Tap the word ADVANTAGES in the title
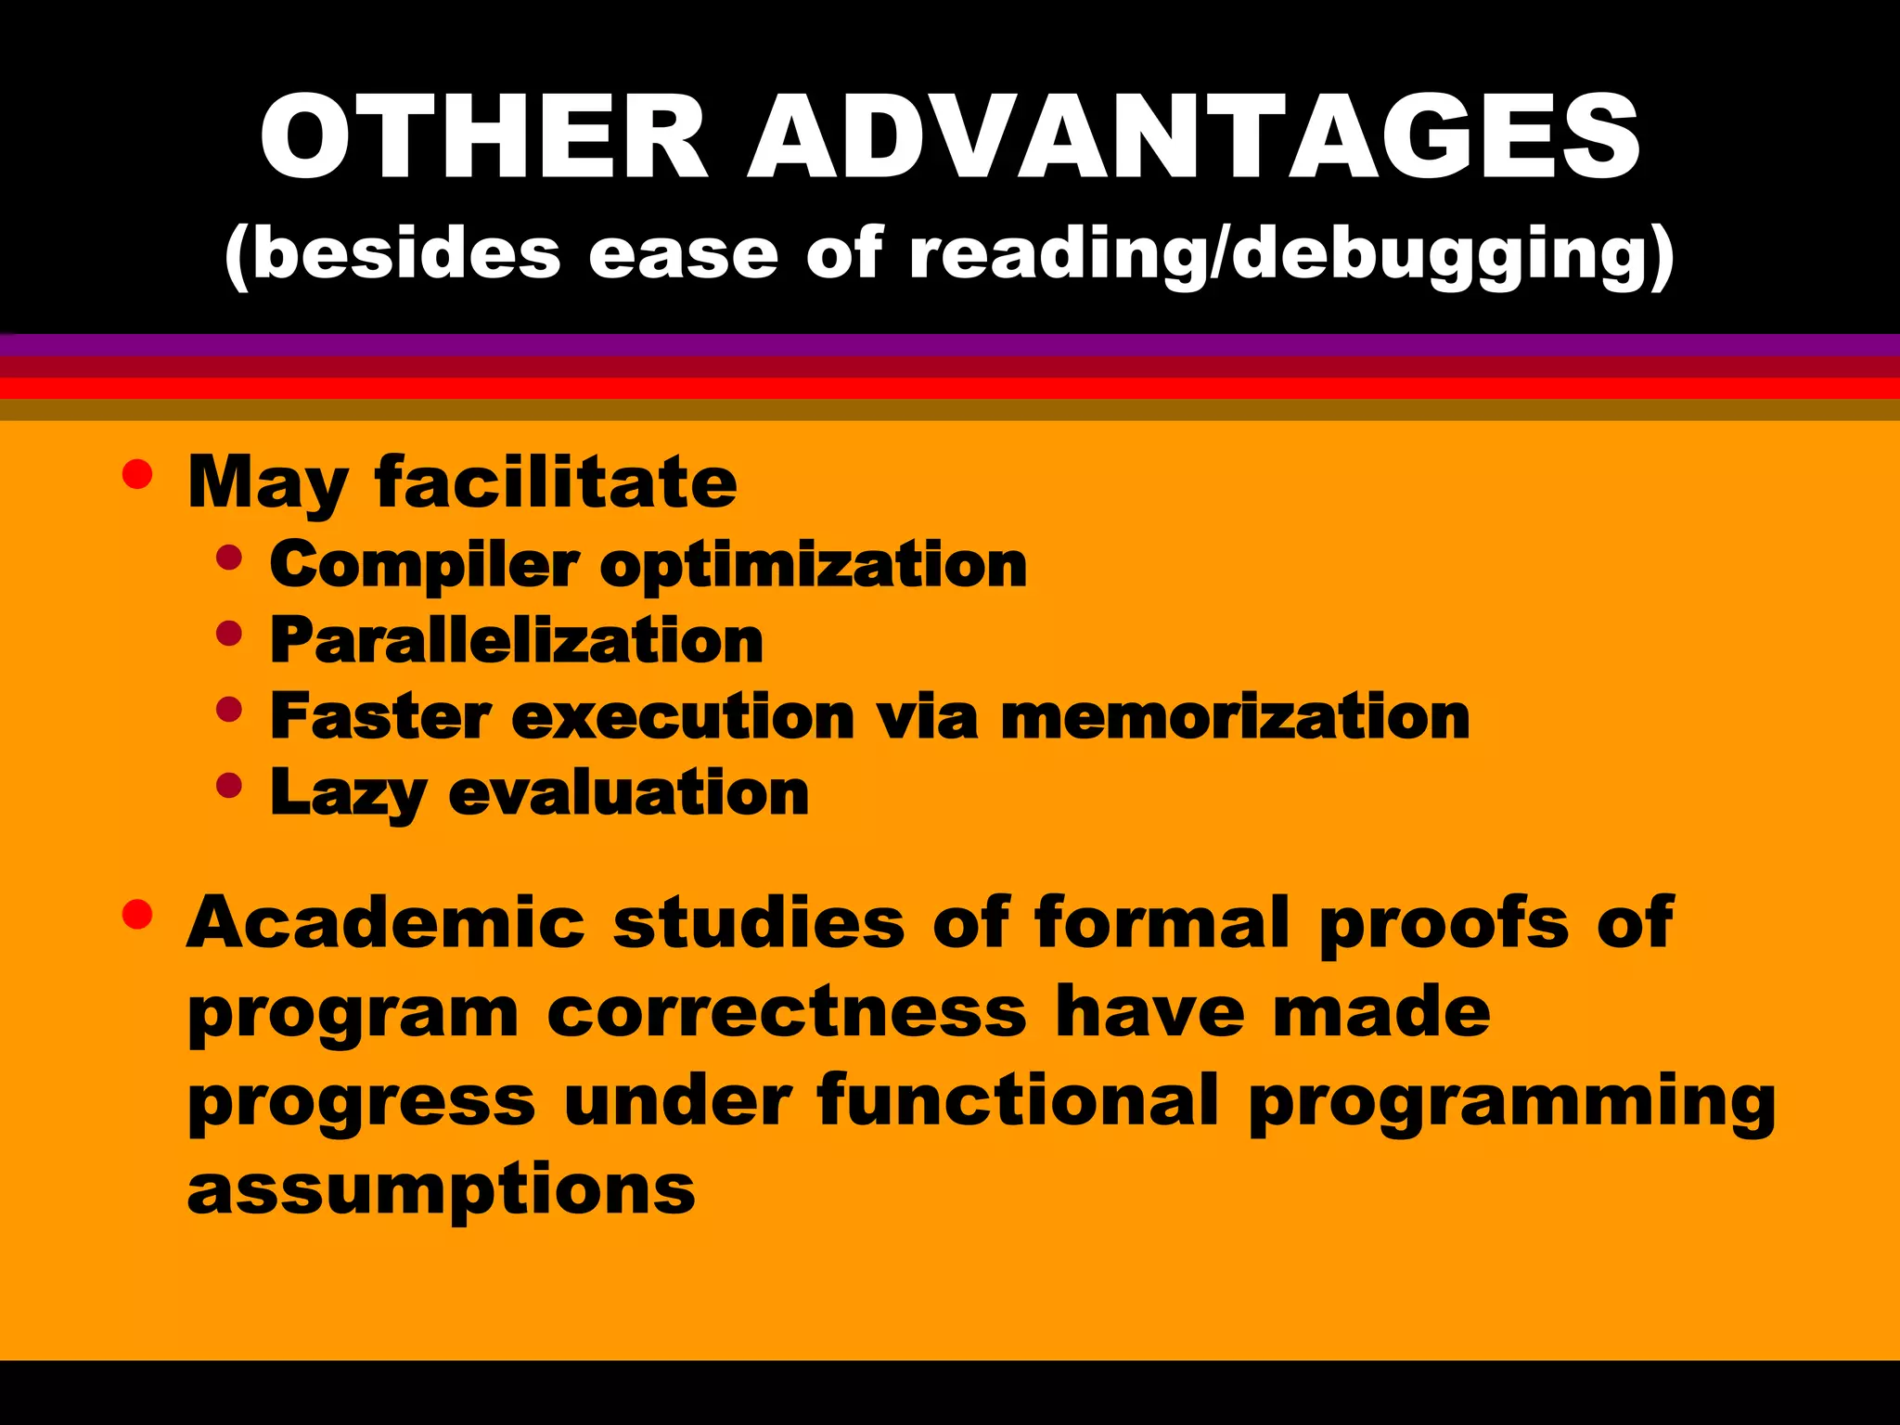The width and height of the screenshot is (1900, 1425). [1195, 137]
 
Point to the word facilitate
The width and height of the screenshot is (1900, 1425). [556, 482]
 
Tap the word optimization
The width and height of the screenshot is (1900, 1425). [814, 567]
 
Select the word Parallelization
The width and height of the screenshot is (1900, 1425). [517, 641]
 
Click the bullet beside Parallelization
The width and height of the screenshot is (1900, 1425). [228, 635]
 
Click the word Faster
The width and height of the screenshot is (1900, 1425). [380, 717]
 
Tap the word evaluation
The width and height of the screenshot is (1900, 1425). [629, 793]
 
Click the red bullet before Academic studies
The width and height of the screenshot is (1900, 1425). [137, 915]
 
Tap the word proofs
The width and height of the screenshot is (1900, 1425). [1444, 924]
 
